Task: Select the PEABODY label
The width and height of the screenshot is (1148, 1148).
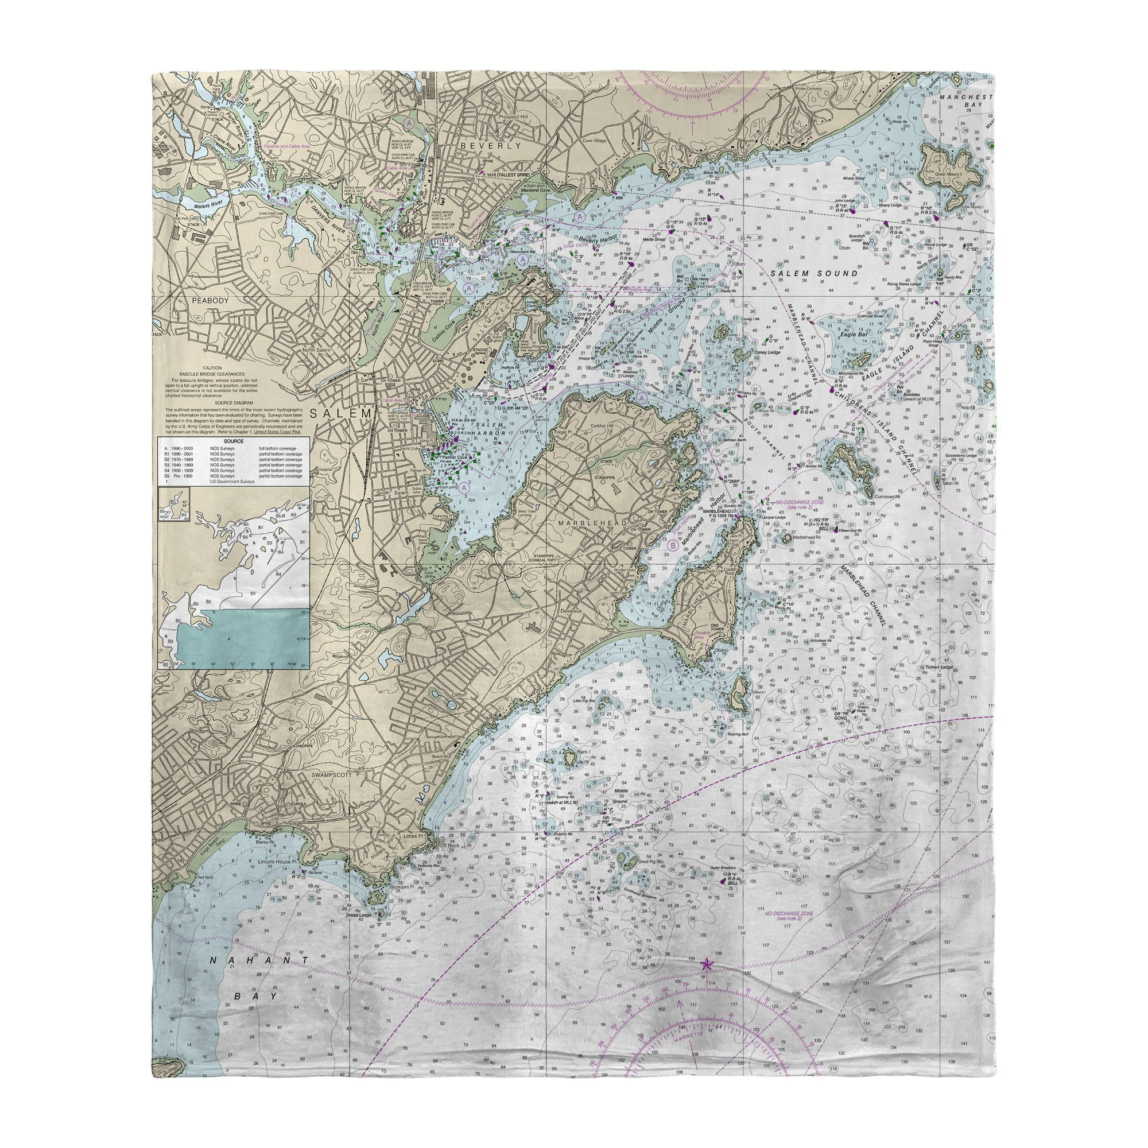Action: pyautogui.click(x=210, y=301)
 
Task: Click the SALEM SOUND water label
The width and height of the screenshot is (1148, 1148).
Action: pyautogui.click(x=814, y=273)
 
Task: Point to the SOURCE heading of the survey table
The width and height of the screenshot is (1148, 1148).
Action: pyautogui.click(x=233, y=441)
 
